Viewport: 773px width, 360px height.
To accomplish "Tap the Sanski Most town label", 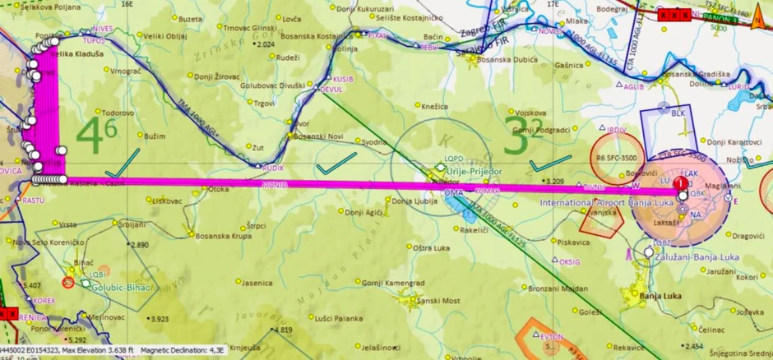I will point(442,301).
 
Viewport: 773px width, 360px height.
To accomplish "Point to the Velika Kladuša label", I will point(77,53).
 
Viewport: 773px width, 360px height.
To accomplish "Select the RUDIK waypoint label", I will point(273,168).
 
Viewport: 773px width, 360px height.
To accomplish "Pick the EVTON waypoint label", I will point(552,337).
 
